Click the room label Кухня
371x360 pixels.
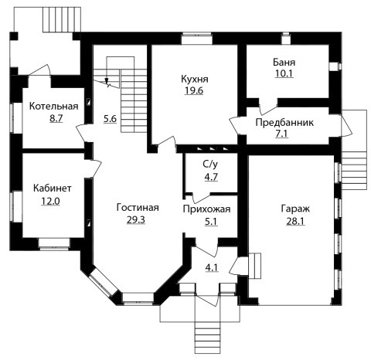(x=195, y=79)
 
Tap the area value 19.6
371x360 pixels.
(x=194, y=90)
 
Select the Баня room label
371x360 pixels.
(x=284, y=63)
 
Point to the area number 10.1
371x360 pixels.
(x=284, y=73)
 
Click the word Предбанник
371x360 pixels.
(x=284, y=123)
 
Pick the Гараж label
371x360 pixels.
(x=295, y=209)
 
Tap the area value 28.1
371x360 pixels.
(x=295, y=221)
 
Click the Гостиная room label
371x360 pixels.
(x=138, y=207)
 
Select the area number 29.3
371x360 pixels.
(x=136, y=219)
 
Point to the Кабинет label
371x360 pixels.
(x=53, y=188)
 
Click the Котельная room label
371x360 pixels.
(x=54, y=106)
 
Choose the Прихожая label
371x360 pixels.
(x=206, y=209)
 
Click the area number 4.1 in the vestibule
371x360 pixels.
(x=212, y=268)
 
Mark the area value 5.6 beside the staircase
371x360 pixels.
(x=111, y=119)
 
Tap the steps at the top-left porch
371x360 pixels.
(x=62, y=19)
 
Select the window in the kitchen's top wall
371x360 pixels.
(x=196, y=39)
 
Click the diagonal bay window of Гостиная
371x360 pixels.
(x=103, y=282)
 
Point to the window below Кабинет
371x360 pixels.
(x=54, y=244)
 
